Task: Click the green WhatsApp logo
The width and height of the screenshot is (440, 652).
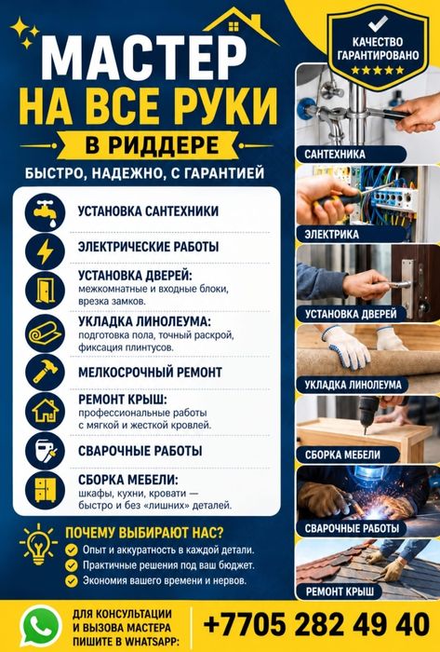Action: pyautogui.click(x=40, y=626)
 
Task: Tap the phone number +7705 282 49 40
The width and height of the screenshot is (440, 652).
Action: pyautogui.click(x=316, y=625)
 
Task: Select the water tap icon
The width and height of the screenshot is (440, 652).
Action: pyautogui.click(x=46, y=212)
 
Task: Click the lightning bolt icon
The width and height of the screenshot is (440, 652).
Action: pyautogui.click(x=46, y=251)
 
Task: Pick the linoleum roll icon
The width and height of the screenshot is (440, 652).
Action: pyautogui.click(x=46, y=333)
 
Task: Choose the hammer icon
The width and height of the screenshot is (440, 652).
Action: pyautogui.click(x=46, y=372)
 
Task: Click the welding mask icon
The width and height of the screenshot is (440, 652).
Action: pyautogui.click(x=46, y=450)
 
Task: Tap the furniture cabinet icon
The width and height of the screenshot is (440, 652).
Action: pyautogui.click(x=46, y=489)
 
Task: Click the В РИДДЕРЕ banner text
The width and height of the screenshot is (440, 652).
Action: pyautogui.click(x=152, y=145)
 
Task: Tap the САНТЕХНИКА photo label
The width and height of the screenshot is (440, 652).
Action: pyautogui.click(x=335, y=155)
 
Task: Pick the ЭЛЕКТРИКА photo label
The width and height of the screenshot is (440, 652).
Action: pyautogui.click(x=332, y=235)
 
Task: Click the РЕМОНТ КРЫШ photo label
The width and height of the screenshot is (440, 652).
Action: pyautogui.click(x=340, y=591)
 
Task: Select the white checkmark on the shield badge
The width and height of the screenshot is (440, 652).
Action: pyautogui.click(x=378, y=23)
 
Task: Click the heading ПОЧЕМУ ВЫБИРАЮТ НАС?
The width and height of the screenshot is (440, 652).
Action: pyautogui.click(x=144, y=532)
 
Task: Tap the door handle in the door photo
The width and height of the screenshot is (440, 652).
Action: pyautogui.click(x=397, y=284)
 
